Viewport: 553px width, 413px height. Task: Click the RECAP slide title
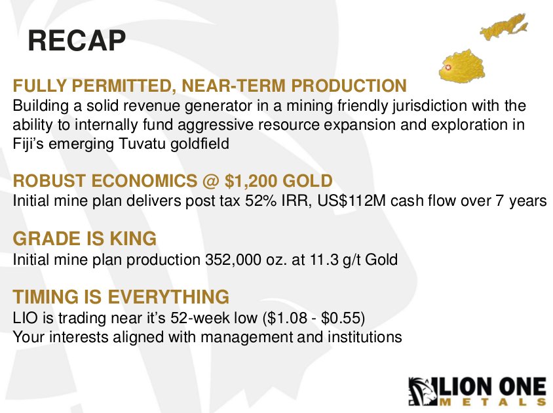pos(77,41)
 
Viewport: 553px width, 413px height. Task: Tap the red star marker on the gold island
pos(448,68)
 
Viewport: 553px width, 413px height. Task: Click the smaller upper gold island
pos(505,26)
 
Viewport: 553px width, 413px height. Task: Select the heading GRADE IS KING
pos(85,239)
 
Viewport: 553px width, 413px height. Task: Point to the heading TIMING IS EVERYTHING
pos(121,296)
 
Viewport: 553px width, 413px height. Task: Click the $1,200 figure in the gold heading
pos(251,181)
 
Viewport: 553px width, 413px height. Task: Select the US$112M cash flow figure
pos(352,201)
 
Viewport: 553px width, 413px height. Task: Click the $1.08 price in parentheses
pos(287,318)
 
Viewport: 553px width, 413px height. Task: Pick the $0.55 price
pos(341,318)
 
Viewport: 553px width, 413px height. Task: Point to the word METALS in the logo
pos(493,402)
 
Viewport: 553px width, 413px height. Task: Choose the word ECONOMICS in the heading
pos(145,181)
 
